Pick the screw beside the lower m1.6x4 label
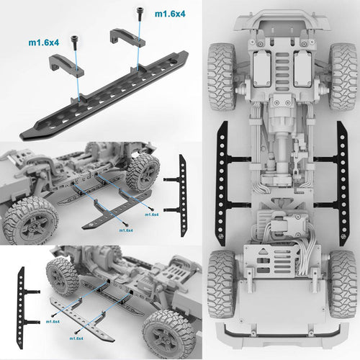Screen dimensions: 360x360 coord(74,42)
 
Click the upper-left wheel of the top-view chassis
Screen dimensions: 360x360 coord(221,76)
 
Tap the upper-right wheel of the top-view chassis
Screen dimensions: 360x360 coord(343,76)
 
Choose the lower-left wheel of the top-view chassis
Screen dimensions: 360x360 coord(221,284)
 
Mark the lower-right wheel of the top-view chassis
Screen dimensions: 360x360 coord(343,284)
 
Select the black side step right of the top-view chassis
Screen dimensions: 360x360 coord(341,183)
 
